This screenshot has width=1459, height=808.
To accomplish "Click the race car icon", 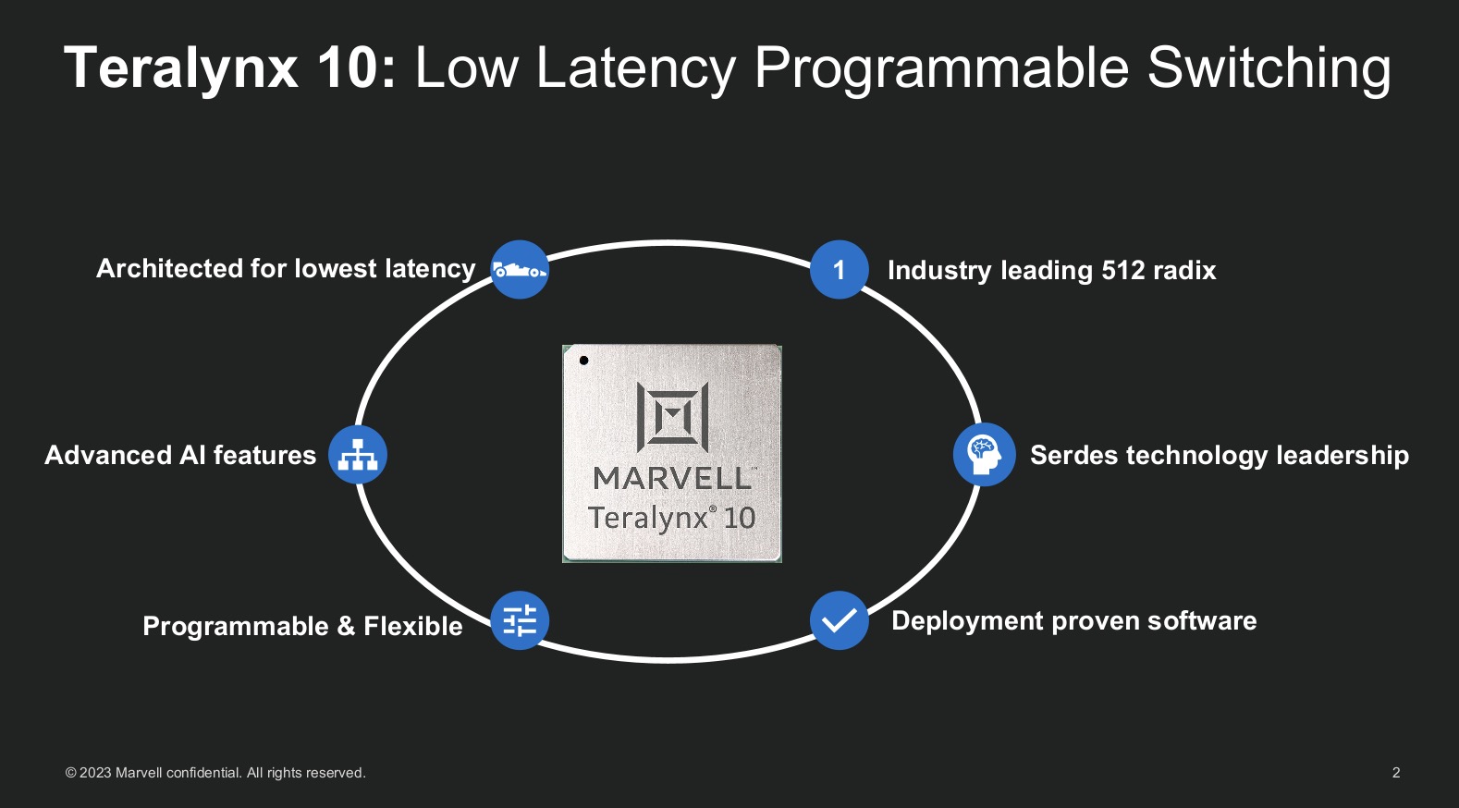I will tap(520, 270).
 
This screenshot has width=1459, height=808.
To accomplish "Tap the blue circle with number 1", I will tap(839, 270).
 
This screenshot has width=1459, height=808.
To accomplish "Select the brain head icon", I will tap(984, 454).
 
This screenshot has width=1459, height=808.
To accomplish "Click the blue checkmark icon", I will tap(839, 620).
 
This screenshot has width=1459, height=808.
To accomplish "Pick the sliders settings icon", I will tap(520, 620).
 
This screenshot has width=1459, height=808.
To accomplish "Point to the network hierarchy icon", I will tap(358, 455).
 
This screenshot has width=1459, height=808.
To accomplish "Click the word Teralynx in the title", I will tap(181, 67).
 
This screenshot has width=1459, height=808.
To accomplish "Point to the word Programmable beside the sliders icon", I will tap(236, 627).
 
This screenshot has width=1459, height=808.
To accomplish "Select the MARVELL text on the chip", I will tap(672, 478).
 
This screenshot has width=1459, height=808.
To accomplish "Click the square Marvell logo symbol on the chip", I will tap(672, 417).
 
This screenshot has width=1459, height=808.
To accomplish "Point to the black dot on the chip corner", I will tap(583, 361).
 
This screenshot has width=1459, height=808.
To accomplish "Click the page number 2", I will tap(1396, 773).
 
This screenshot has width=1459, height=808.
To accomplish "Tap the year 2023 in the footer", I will tap(95, 773).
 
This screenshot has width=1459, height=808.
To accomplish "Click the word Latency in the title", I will tap(635, 67).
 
